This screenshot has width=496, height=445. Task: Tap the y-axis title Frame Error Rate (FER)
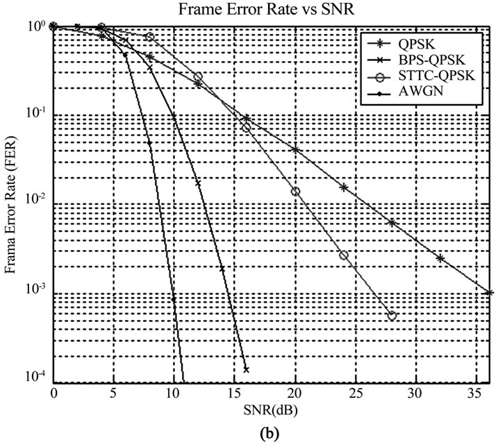tap(13, 205)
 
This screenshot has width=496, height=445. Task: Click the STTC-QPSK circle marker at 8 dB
tap(150, 37)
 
